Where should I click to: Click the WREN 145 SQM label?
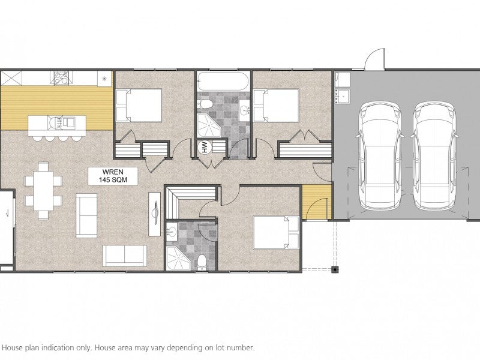point(113,176)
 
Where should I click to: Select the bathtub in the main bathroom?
point(223,81)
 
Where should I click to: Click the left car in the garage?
point(380,155)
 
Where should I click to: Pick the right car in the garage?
point(434,155)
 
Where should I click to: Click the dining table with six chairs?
point(43,190)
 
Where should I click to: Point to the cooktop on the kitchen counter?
point(61,78)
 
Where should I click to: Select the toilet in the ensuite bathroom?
point(202,263)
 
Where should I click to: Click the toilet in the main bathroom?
point(206,104)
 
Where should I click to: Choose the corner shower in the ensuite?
point(178,259)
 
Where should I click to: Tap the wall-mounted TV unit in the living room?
point(155,214)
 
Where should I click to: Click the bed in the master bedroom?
point(276,232)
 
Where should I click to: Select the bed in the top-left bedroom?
point(139,106)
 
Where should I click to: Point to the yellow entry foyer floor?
point(317,202)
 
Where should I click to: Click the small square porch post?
point(336,269)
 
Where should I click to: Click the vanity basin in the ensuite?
point(172,231)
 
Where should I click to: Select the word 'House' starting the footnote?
point(12,348)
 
